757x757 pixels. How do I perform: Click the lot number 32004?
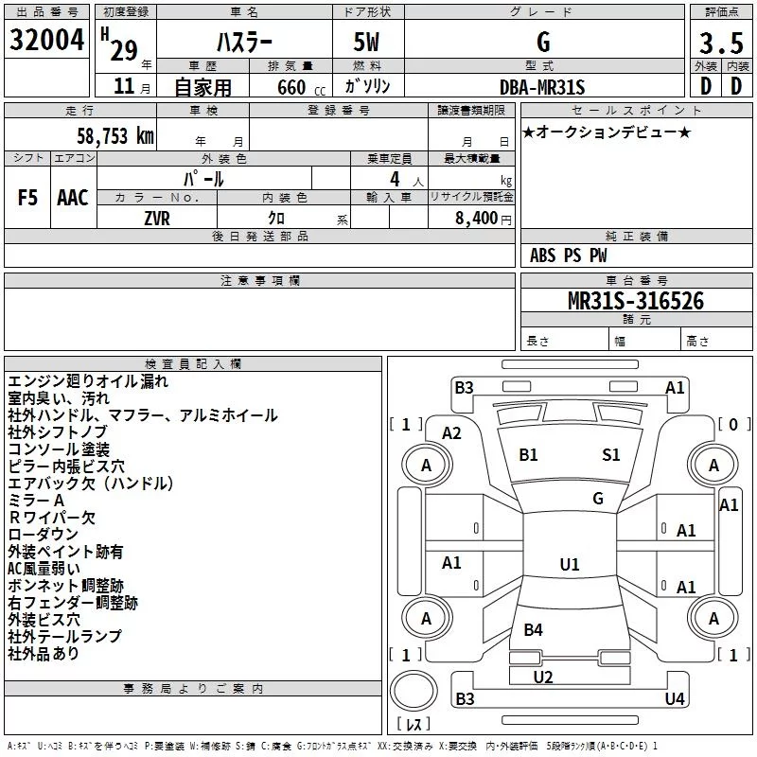(x=46, y=40)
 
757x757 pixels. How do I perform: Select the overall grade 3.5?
(x=721, y=43)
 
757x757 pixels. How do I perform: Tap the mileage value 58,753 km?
(x=115, y=136)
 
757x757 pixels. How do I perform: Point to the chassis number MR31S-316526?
(x=636, y=301)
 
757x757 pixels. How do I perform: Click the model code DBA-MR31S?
(x=542, y=87)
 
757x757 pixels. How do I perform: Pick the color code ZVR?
(x=157, y=219)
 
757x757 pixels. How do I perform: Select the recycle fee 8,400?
(x=476, y=219)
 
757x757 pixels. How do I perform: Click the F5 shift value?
(x=27, y=198)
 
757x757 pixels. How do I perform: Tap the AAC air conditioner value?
(x=73, y=198)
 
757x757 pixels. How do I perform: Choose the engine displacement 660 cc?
(x=301, y=87)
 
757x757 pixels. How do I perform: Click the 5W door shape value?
(x=366, y=42)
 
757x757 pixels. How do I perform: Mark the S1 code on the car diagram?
(x=610, y=454)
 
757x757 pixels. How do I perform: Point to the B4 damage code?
(x=533, y=629)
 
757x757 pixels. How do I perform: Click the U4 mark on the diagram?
(x=675, y=698)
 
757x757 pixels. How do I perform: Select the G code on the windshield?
(x=598, y=499)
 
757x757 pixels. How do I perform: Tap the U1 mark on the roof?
(x=570, y=564)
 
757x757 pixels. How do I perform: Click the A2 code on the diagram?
(x=451, y=433)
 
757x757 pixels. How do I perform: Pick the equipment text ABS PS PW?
(x=569, y=255)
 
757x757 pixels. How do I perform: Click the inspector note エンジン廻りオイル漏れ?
(x=88, y=381)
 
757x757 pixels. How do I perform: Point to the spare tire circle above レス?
(x=414, y=691)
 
